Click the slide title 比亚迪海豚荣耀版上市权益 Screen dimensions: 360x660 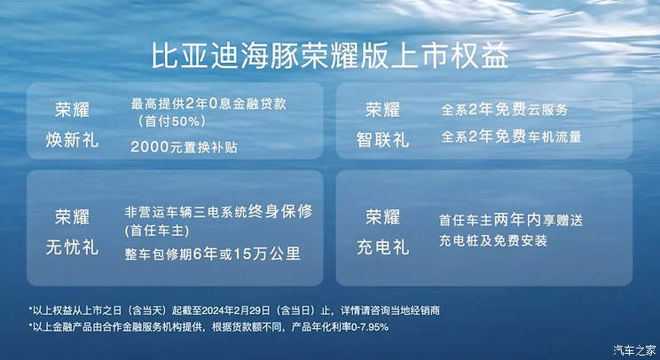pyautogui.click(x=330, y=55)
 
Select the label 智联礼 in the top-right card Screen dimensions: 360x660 pyautogui.click(x=382, y=139)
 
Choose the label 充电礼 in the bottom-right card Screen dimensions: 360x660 pyautogui.click(x=382, y=246)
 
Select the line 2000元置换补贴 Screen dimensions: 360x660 pyautogui.click(x=183, y=146)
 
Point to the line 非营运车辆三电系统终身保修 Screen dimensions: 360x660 pyautogui.click(x=219, y=213)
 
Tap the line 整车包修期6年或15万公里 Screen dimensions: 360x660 pyautogui.click(x=213, y=254)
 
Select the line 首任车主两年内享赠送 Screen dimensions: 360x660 pyautogui.click(x=511, y=218)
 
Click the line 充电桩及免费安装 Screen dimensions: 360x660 pyautogui.click(x=492, y=240)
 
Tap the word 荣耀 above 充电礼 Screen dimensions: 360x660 pyautogui.click(x=382, y=217)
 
